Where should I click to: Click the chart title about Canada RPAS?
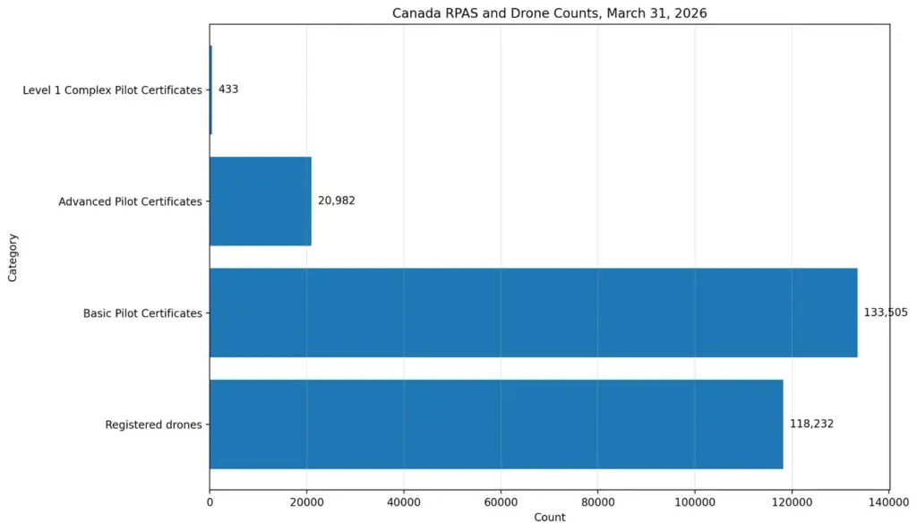[549, 13]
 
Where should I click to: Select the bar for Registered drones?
[496, 424]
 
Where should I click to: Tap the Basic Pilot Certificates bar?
[533, 313]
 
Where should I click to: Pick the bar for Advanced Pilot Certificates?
[261, 201]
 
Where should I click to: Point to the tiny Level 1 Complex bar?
[210, 90]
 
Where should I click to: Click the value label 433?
[228, 90]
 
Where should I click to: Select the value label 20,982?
[337, 201]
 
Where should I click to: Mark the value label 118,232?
[811, 424]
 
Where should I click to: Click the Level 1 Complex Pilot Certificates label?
[112, 90]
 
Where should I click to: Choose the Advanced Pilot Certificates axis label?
[130, 201]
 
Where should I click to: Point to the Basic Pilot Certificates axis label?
[142, 313]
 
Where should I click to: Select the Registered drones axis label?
[153, 424]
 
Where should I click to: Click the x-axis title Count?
[549, 518]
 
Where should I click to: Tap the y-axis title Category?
[13, 257]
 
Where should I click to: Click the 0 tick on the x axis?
[210, 502]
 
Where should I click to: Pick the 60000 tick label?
[501, 502]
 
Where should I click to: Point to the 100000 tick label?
[694, 502]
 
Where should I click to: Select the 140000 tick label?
[888, 502]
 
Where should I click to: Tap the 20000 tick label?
[306, 502]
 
